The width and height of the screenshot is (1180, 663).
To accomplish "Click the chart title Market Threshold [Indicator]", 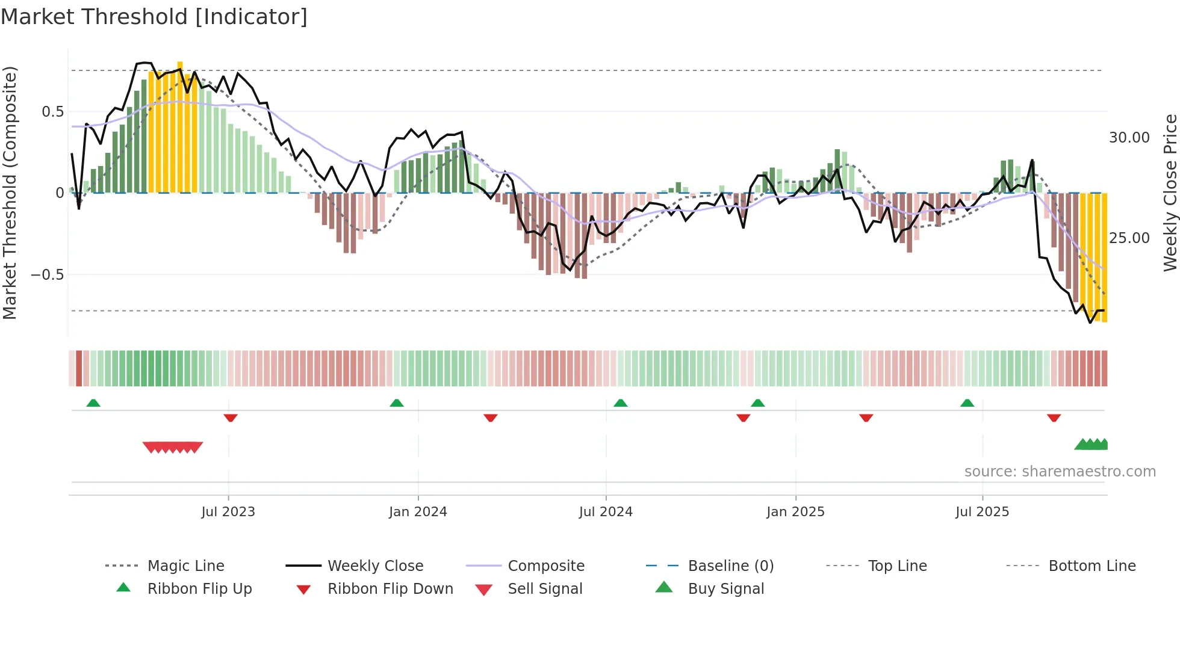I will pyautogui.click(x=154, y=17).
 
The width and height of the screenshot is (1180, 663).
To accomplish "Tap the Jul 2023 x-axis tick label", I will pyautogui.click(x=228, y=512).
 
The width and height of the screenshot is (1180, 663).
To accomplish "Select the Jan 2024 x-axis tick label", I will pyautogui.click(x=418, y=512).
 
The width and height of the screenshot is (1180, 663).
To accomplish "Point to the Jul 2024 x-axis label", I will pyautogui.click(x=606, y=512).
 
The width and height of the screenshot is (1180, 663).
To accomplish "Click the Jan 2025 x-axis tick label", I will pyautogui.click(x=795, y=512).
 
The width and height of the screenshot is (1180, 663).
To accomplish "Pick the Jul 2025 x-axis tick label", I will pyautogui.click(x=982, y=512).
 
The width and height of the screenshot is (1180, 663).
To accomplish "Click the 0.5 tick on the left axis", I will pyautogui.click(x=53, y=112).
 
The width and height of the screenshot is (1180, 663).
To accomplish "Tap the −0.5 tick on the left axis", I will pyautogui.click(x=48, y=275).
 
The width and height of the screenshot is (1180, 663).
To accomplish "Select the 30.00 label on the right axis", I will pyautogui.click(x=1129, y=138).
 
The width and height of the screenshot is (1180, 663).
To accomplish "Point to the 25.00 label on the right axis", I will pyautogui.click(x=1129, y=238).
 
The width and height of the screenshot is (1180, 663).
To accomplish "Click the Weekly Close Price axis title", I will pyautogui.click(x=1170, y=193).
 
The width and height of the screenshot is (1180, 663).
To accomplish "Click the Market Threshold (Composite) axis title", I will pyautogui.click(x=10, y=193).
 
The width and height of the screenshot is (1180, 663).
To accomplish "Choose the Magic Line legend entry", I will pyautogui.click(x=185, y=566).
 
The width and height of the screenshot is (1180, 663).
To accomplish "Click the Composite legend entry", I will pyautogui.click(x=545, y=566).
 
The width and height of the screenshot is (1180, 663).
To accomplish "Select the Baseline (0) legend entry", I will pyautogui.click(x=730, y=566).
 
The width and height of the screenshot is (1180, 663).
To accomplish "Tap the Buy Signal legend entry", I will pyautogui.click(x=725, y=589).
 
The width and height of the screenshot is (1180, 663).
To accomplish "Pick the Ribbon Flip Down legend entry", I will pyautogui.click(x=390, y=589).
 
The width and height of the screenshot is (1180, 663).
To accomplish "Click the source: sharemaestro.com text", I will pyautogui.click(x=1060, y=472).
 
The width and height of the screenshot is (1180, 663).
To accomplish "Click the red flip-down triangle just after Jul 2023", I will pyautogui.click(x=231, y=418).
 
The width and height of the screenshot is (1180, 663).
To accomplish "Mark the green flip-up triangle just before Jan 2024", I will pyautogui.click(x=397, y=403).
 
